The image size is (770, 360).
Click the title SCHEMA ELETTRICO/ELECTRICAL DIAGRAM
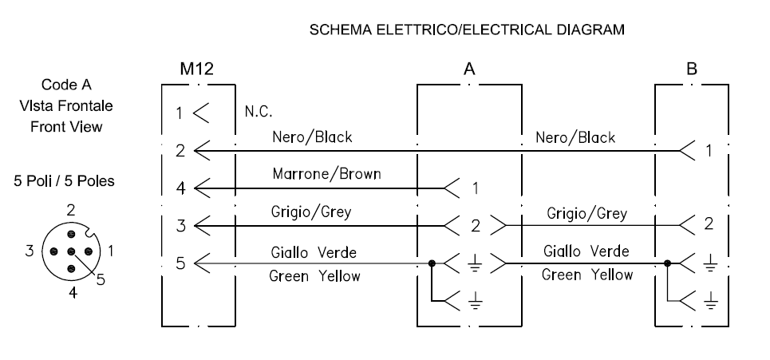pyautogui.click(x=467, y=30)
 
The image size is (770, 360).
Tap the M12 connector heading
pyautogui.click(x=197, y=69)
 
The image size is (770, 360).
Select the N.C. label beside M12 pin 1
pyautogui.click(x=259, y=112)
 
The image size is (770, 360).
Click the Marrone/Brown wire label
pyautogui.click(x=326, y=174)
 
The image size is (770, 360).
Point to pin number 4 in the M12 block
pyautogui.click(x=180, y=188)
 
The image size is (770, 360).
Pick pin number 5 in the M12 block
pyautogui.click(x=180, y=263)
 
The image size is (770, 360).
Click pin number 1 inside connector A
pyautogui.click(x=476, y=188)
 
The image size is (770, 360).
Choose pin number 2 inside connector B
pyautogui.click(x=709, y=224)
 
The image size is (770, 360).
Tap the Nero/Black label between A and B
pyautogui.click(x=575, y=137)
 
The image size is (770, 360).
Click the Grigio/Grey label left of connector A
pyautogui.click(x=311, y=212)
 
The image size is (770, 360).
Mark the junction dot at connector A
pyautogui.click(x=432, y=263)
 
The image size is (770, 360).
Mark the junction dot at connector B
pyautogui.click(x=667, y=263)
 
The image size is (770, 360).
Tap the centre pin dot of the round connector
pyautogui.click(x=71, y=251)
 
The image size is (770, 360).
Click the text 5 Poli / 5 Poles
pyautogui.click(x=65, y=180)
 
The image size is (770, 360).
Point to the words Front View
pyautogui.click(x=66, y=127)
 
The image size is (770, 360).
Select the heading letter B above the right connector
pyautogui.click(x=692, y=69)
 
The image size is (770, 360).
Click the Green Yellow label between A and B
pyautogui.click(x=586, y=275)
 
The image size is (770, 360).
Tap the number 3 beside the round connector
pyautogui.click(x=30, y=251)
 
